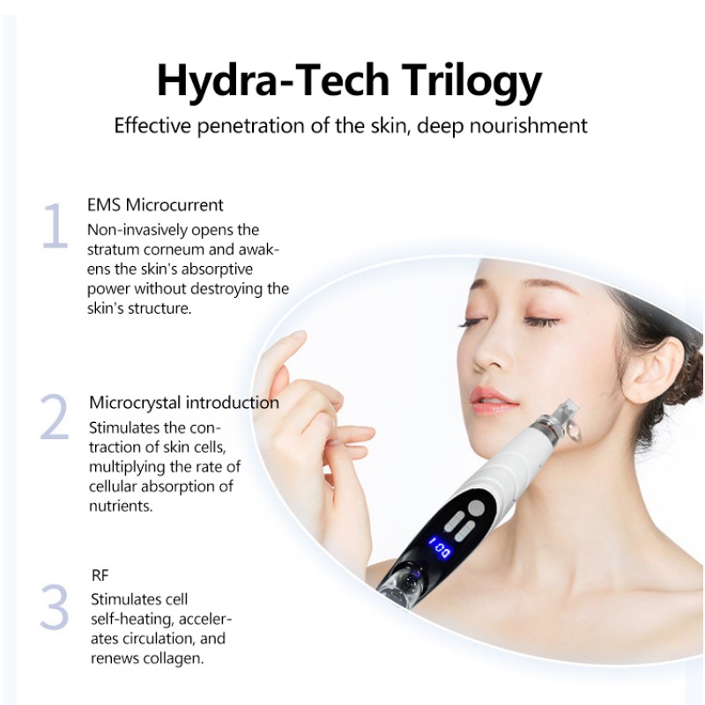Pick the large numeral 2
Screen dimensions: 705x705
point(54,418)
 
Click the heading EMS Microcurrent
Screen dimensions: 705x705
point(155,205)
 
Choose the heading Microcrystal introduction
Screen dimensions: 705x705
point(184,403)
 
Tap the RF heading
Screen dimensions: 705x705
point(100,575)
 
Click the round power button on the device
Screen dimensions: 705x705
point(477,508)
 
